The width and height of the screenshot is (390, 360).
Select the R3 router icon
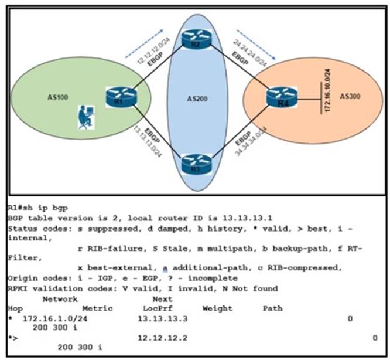tap(191, 162)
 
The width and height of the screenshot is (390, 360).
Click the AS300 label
tap(351, 96)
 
